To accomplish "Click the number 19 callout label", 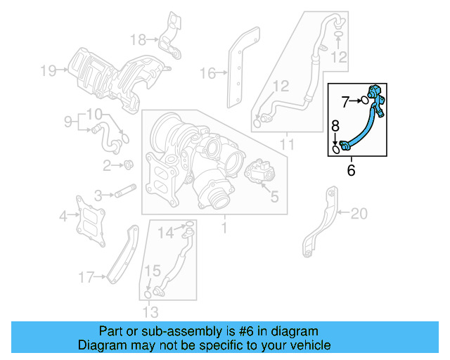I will click(x=47, y=70).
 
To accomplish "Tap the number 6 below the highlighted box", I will click(x=352, y=169).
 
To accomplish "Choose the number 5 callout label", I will click(x=274, y=198).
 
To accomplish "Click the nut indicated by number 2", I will click(x=129, y=165).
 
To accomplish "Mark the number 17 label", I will click(x=85, y=278).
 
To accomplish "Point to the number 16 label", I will click(x=207, y=72).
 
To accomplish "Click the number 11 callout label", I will click(x=287, y=144).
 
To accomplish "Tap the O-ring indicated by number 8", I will click(x=337, y=148).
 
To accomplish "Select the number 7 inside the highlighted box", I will click(x=345, y=101).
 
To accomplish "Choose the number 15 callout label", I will click(x=153, y=270).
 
